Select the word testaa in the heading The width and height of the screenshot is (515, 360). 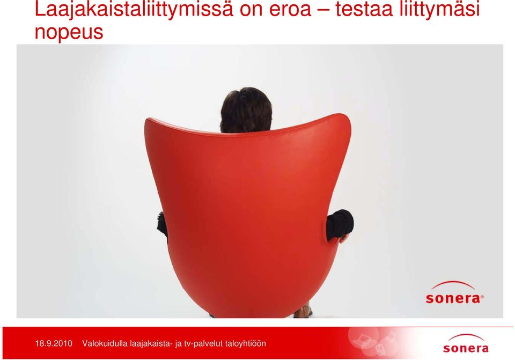click(364, 9)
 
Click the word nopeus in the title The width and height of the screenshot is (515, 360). click(69, 32)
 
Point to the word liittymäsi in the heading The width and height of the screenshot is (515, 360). click(440, 10)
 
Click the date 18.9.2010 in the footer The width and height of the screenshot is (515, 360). click(54, 343)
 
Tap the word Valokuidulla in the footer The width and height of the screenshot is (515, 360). click(105, 343)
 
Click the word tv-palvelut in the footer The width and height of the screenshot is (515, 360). click(204, 344)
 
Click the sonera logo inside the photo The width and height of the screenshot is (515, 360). click(454, 292)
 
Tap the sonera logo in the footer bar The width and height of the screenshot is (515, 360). click(466, 343)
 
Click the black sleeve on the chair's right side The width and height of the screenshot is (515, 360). click(340, 225)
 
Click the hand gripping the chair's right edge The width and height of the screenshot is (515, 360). click(343, 239)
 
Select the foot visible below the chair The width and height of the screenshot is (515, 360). click(303, 311)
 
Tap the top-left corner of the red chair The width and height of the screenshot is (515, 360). click(148, 120)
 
